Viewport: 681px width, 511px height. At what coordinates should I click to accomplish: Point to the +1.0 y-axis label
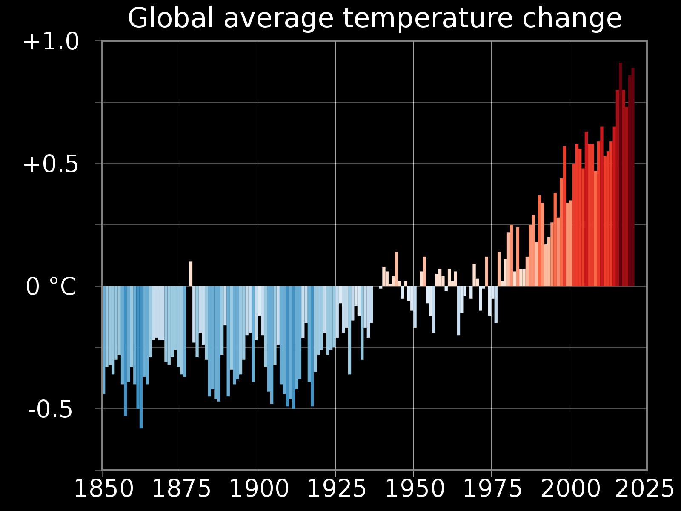[51, 43]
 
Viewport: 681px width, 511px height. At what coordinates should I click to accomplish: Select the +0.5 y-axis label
[51, 165]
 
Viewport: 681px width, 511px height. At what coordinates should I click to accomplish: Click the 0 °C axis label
[51, 287]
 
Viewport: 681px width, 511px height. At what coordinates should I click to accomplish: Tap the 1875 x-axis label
[181, 489]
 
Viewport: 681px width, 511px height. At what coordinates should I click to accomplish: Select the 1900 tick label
[259, 489]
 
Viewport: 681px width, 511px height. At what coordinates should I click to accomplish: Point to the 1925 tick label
[337, 489]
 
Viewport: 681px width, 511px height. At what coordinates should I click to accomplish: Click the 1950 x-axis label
[415, 489]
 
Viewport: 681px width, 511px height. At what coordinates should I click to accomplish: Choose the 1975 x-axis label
[492, 489]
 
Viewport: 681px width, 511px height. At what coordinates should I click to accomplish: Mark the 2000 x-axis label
[570, 489]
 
